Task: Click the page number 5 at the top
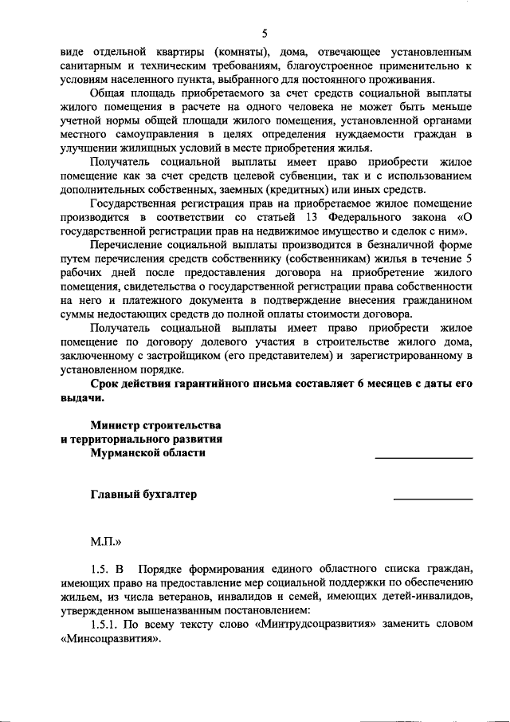click(x=264, y=33)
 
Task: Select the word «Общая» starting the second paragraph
click(x=112, y=93)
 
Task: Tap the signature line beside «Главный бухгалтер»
click(x=433, y=499)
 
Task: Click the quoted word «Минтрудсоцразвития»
click(x=316, y=625)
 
